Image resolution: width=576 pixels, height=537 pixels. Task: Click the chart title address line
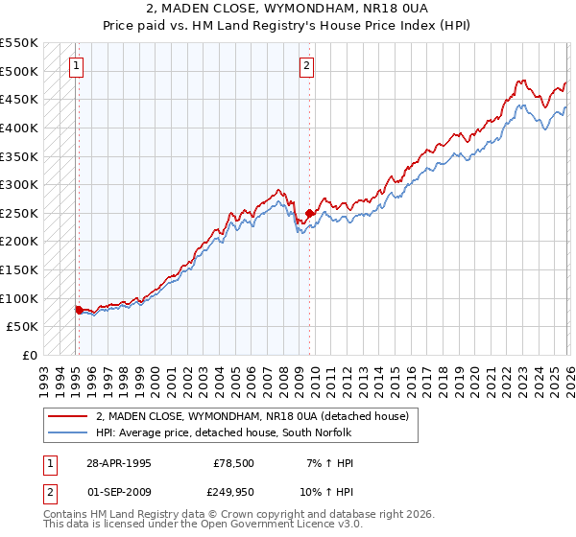(x=288, y=9)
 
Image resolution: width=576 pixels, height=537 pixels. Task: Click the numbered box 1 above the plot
(x=76, y=66)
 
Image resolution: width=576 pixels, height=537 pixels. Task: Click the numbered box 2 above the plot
(x=306, y=66)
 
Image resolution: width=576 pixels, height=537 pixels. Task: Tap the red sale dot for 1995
(x=79, y=310)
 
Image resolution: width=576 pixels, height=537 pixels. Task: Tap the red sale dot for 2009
(x=309, y=213)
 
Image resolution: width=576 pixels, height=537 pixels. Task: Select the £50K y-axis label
(x=22, y=327)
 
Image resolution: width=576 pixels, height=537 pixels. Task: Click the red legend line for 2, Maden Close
(x=68, y=416)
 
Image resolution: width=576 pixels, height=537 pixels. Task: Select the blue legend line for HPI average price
(x=68, y=432)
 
